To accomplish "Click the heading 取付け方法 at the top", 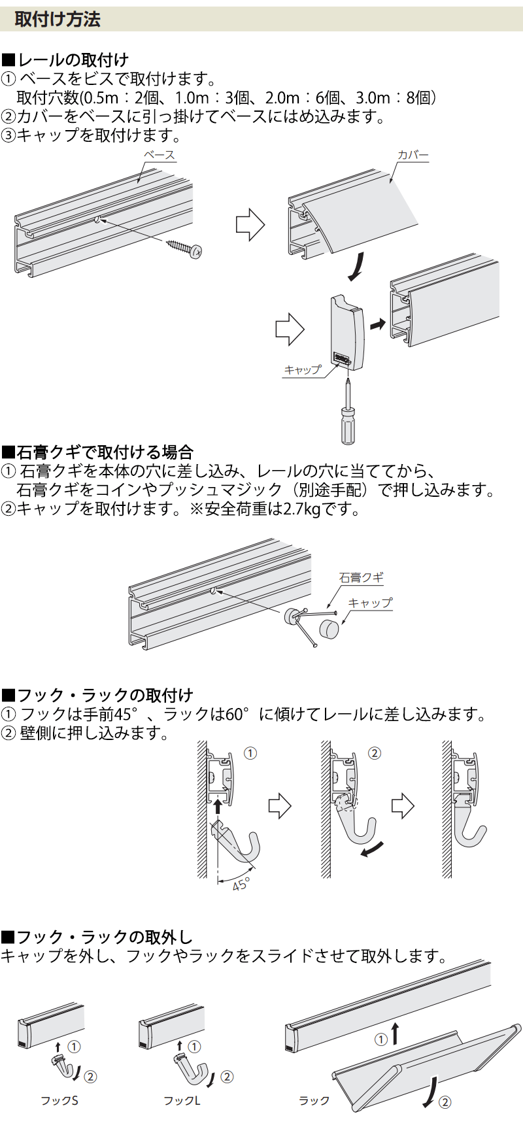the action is click(58, 20).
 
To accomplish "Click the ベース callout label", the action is click(160, 155).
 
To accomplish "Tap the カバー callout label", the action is click(413, 155).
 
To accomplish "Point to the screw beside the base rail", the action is click(184, 247).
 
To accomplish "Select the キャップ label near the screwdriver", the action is click(303, 370).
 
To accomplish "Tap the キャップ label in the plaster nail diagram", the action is click(370, 603).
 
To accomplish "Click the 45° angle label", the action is click(241, 884).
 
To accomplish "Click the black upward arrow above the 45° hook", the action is click(218, 807).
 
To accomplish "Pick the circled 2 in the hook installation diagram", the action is click(375, 753).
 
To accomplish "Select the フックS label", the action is click(59, 1101).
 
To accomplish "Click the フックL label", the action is click(182, 1101).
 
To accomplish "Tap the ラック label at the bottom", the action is click(314, 1101).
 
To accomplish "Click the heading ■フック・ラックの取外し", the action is click(97, 937).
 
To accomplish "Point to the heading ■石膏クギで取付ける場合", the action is click(97, 452).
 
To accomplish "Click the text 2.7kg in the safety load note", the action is click(302, 509).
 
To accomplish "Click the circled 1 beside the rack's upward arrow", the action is click(381, 1039).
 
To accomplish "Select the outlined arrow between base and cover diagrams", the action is click(250, 225).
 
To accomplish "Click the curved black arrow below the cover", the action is click(356, 267).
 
